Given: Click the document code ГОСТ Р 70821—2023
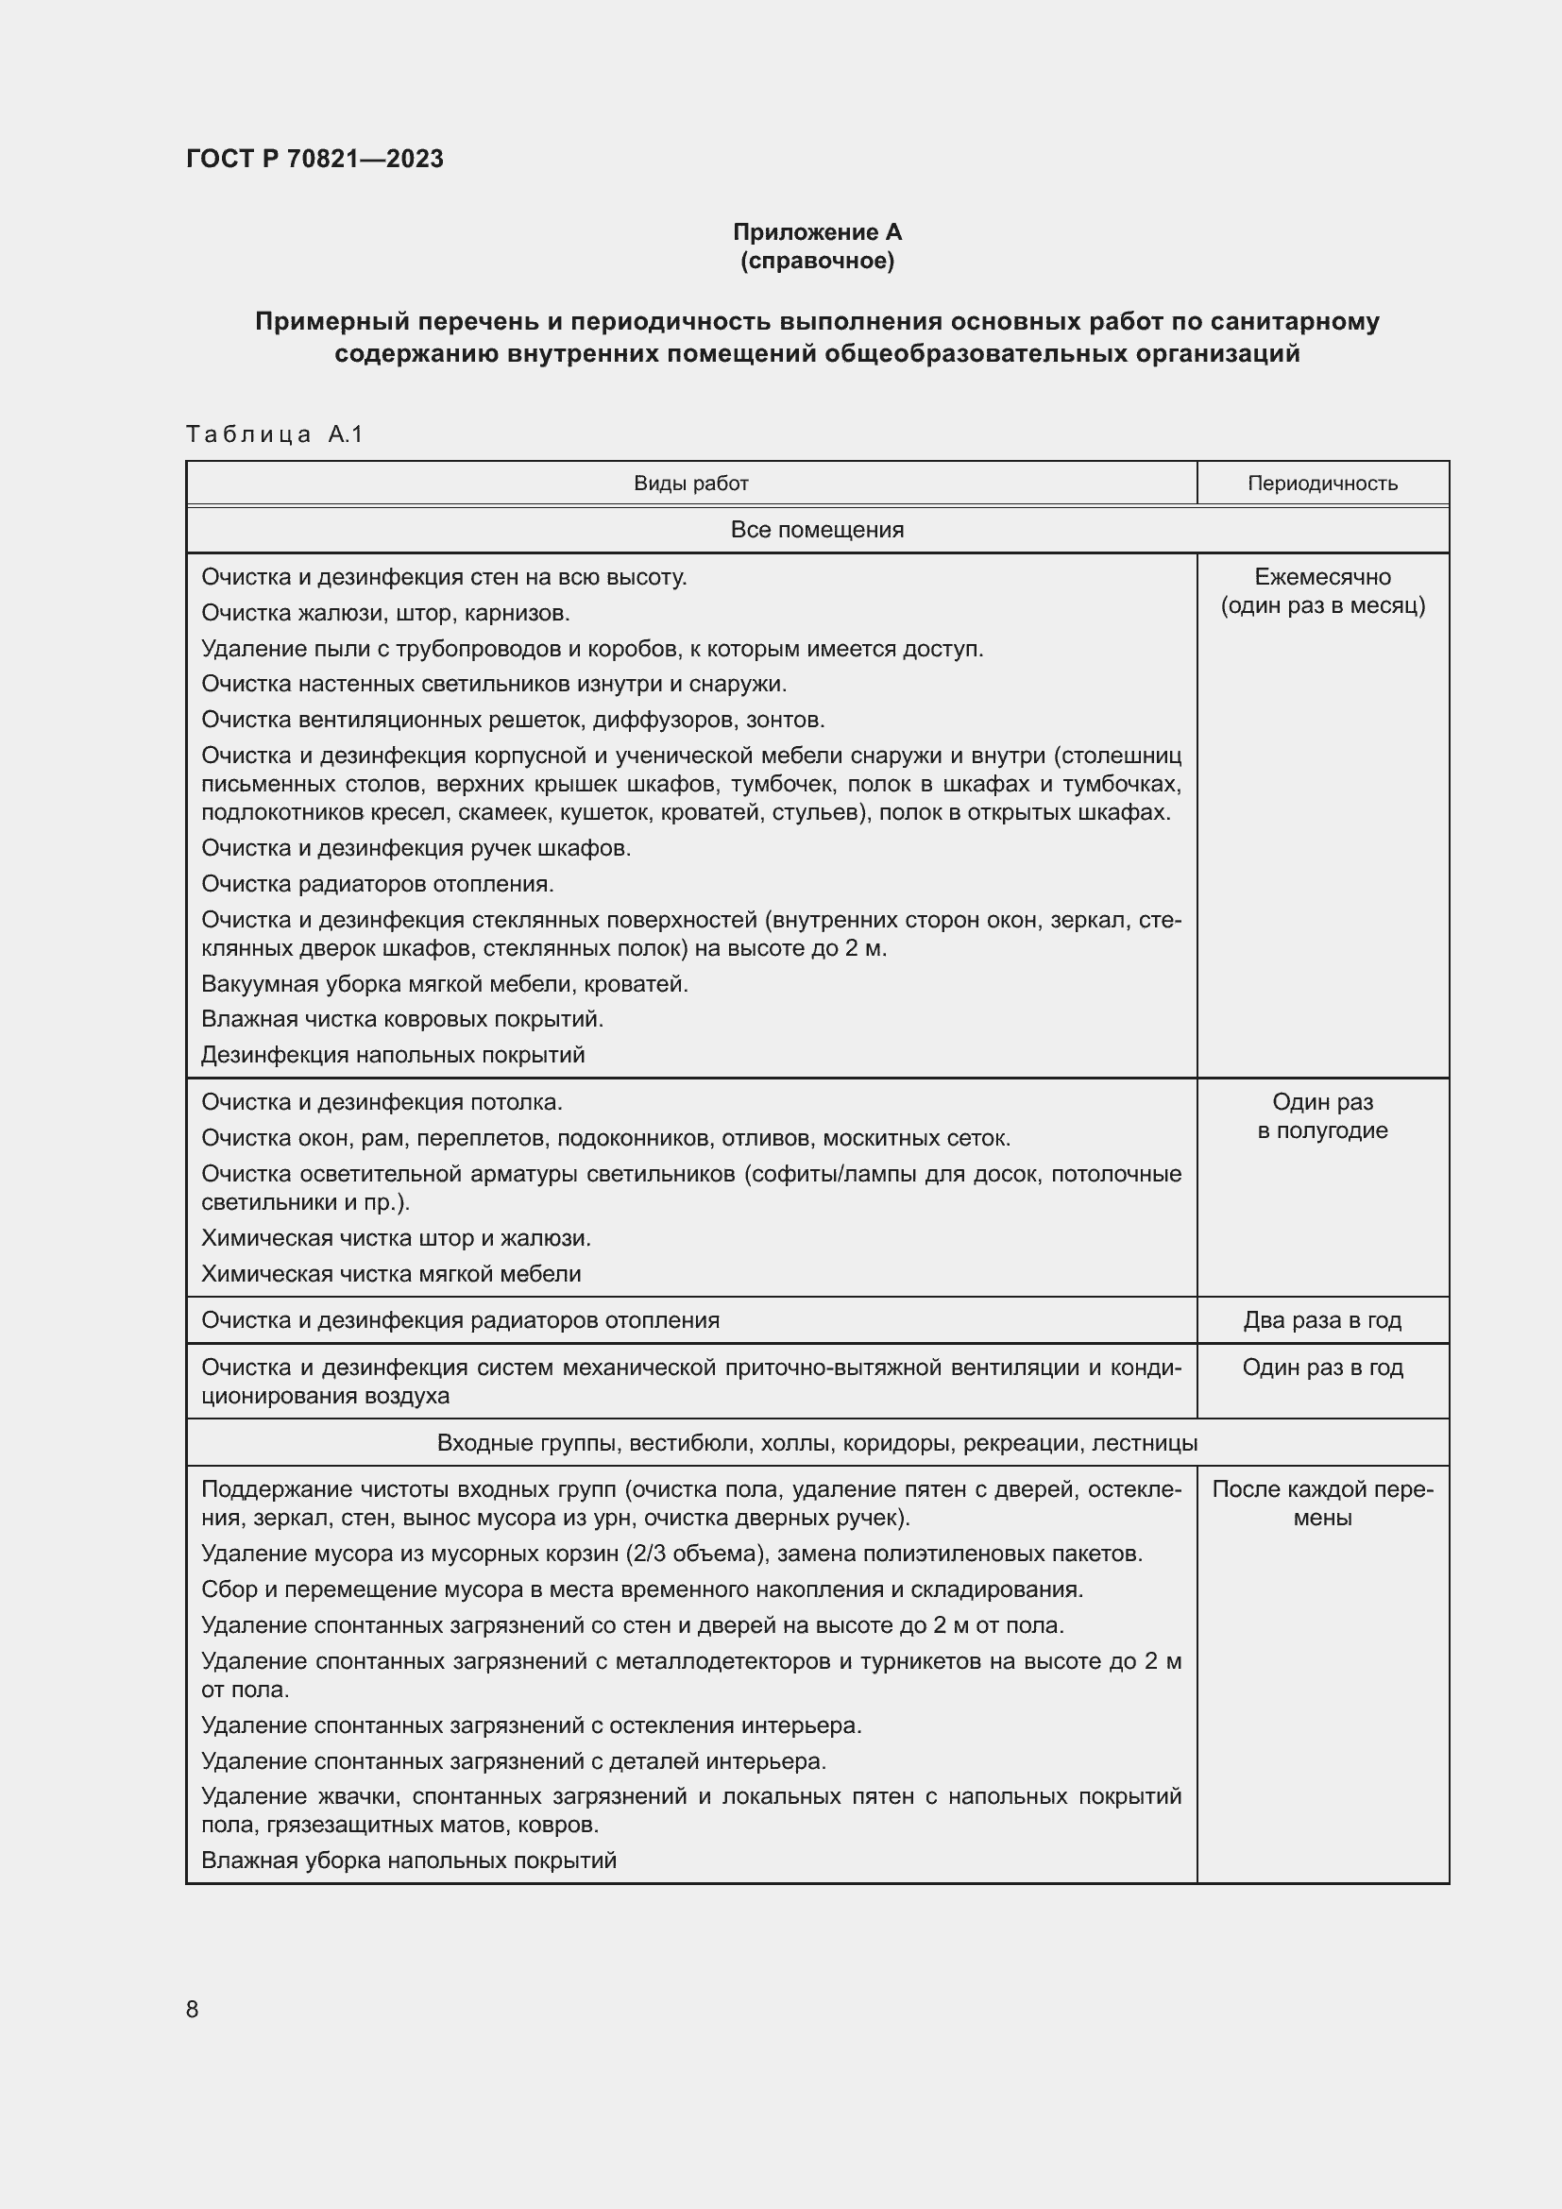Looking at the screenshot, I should coord(314,159).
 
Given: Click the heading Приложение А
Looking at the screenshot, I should coord(817,232).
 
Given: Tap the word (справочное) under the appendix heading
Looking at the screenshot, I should coord(817,261).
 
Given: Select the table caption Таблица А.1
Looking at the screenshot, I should coord(274,433).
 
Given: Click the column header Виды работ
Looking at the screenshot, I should coord(690,484).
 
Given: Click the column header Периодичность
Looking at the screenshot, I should coord(1321,484).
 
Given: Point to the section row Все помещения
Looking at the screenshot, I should coord(817,530).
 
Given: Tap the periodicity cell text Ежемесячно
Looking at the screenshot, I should coord(1321,577).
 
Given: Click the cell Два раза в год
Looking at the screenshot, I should coord(1321,1320).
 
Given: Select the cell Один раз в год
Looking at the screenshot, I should coord(1321,1368).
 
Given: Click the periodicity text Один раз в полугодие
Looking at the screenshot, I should coord(1321,1116).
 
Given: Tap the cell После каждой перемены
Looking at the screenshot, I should coord(1321,1503).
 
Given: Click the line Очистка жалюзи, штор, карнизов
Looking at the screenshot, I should coord(385,613).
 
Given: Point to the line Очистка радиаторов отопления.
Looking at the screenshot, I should coord(377,883).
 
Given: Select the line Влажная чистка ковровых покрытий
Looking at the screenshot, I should coord(402,1019).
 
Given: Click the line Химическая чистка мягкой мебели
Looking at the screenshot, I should coord(391,1274).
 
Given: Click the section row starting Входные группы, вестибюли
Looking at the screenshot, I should coord(817,1442).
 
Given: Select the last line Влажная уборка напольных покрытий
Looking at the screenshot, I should coord(408,1860).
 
